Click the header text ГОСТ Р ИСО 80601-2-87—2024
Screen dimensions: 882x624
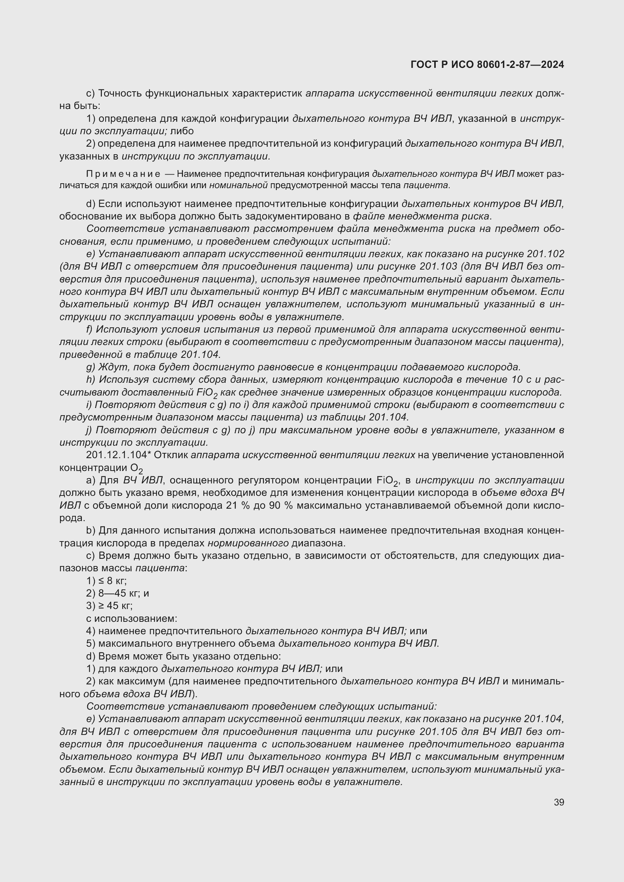487,64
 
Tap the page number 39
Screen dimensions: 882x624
559,802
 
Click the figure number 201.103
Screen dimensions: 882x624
438,267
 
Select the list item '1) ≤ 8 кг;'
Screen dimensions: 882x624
106,580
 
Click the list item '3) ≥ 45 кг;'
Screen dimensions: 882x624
109,606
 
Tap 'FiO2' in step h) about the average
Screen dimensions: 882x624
207,393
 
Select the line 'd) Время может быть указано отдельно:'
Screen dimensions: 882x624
183,656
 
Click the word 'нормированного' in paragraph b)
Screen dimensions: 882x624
248,543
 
